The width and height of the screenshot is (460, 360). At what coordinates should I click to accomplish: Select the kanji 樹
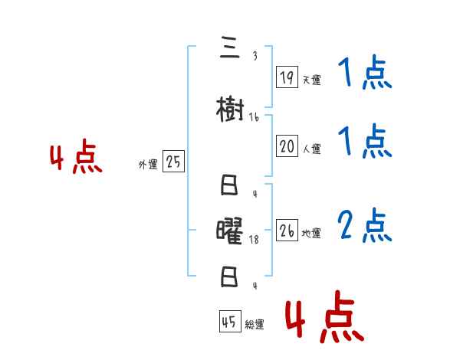click(x=231, y=111)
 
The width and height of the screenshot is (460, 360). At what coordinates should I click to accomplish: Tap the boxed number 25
click(x=173, y=162)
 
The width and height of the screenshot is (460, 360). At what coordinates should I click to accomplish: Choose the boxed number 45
click(x=229, y=322)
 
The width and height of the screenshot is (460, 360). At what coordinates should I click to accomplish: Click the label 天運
click(x=311, y=80)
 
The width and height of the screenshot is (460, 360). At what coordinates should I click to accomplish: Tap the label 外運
click(x=148, y=164)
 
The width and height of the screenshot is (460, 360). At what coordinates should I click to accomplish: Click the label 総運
click(x=255, y=325)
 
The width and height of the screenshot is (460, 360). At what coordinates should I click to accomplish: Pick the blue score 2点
click(x=365, y=226)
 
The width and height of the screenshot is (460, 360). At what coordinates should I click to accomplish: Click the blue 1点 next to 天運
click(x=365, y=74)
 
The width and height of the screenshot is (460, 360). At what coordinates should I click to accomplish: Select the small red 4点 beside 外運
click(x=76, y=159)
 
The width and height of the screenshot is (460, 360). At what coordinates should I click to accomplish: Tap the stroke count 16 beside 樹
click(x=254, y=117)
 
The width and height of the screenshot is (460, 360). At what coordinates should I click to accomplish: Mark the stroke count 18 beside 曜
click(x=255, y=240)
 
